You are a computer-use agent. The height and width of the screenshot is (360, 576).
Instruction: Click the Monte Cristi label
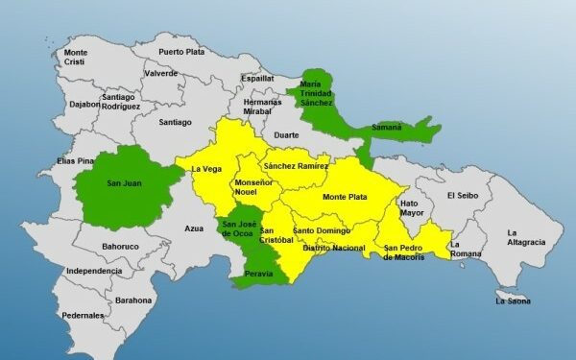[75, 57]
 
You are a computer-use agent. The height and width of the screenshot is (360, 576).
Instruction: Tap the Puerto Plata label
[183, 51]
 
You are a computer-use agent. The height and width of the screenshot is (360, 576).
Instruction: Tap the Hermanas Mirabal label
[261, 106]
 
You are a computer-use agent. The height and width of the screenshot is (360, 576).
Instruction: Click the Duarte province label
[286, 135]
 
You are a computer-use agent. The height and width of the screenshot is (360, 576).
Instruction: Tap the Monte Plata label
[344, 197]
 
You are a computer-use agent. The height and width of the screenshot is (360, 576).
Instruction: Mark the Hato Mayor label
[410, 208]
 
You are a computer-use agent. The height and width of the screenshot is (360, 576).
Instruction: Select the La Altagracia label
[526, 237]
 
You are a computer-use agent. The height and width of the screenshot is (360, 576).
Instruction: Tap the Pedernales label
[84, 315]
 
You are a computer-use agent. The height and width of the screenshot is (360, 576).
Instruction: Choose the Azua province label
[195, 228]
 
